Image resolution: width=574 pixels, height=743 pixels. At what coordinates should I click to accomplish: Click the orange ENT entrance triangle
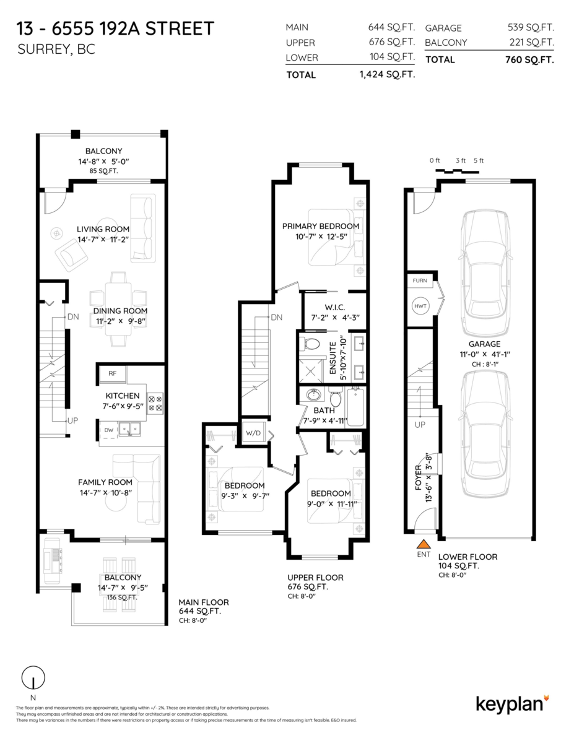pos(423,544)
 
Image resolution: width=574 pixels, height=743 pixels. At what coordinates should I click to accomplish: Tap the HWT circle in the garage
pos(420,306)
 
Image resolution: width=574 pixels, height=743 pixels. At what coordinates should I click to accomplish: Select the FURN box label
pos(420,280)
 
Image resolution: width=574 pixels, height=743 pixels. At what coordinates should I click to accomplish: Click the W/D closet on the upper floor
pos(252,432)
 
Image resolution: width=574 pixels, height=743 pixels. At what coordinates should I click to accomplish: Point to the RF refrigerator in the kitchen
pos(113,373)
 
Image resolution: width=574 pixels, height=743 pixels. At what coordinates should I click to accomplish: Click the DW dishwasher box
pos(108,429)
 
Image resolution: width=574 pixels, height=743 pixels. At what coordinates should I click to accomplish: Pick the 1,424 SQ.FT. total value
pos(386,74)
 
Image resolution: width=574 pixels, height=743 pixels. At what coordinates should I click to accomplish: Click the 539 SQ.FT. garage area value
pos(530,28)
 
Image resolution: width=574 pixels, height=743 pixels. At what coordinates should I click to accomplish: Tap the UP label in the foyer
pos(419,425)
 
